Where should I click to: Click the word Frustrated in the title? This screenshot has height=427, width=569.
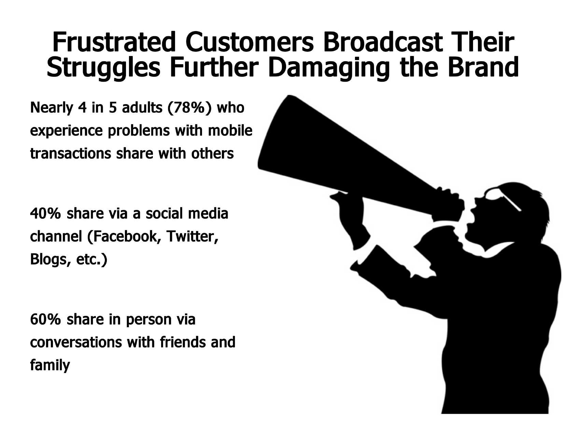(114, 42)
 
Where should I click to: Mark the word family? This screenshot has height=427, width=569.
(50, 365)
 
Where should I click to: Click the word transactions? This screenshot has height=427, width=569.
(71, 153)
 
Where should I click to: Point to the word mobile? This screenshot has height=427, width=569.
(230, 130)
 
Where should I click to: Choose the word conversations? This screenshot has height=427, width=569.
(76, 342)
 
